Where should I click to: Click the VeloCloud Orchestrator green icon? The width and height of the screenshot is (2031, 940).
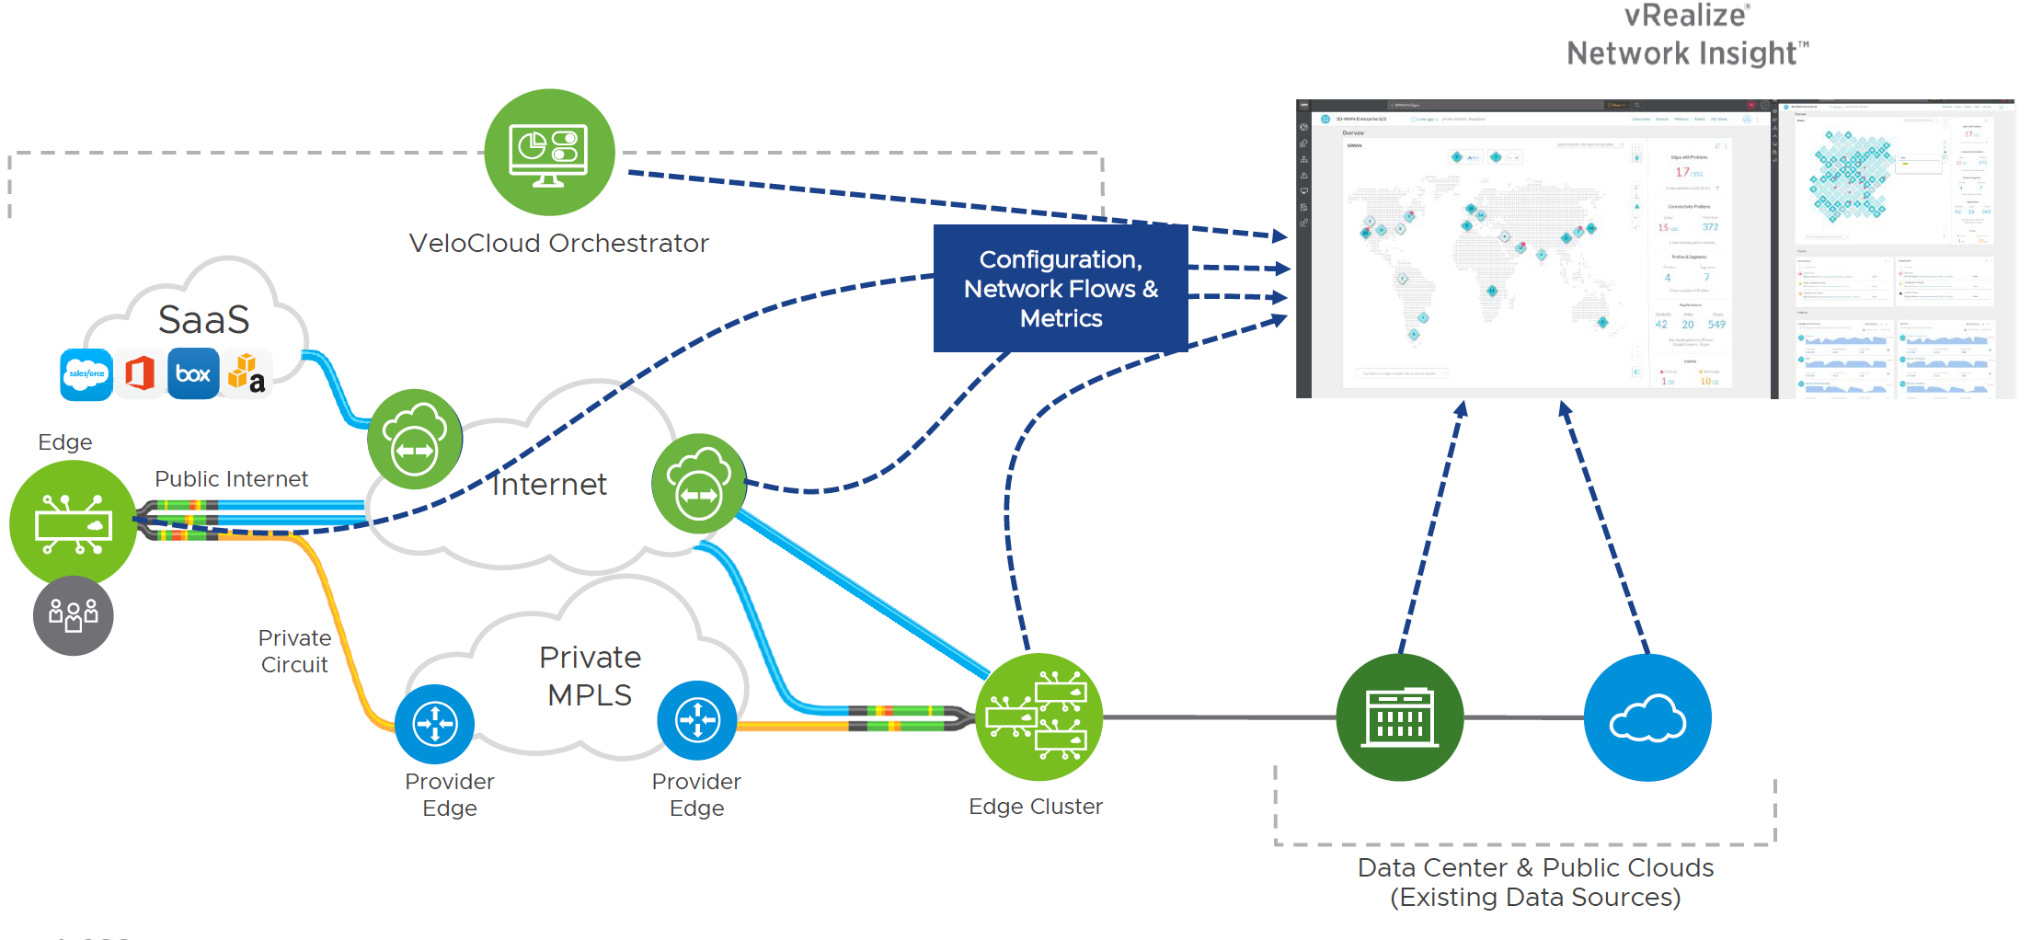[549, 152]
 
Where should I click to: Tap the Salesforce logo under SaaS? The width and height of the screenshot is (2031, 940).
[86, 374]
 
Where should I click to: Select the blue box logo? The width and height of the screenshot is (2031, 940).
[193, 373]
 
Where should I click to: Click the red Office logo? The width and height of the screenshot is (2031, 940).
[140, 374]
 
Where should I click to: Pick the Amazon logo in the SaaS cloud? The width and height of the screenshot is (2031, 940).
[247, 373]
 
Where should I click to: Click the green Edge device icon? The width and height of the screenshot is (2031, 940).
[74, 523]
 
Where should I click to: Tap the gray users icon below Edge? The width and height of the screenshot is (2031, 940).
[74, 615]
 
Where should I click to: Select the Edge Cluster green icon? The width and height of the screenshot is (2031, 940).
[1038, 717]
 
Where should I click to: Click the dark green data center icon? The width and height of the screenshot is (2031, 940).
[1399, 717]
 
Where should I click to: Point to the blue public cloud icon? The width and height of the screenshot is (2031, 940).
[1647, 717]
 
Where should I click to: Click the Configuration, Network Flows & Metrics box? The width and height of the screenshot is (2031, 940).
[1061, 289]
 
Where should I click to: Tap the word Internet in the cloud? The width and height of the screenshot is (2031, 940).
[549, 485]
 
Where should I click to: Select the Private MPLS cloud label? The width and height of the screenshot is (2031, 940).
[590, 676]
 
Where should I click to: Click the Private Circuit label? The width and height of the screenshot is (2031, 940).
[294, 651]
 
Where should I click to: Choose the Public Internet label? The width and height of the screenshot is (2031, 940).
[231, 479]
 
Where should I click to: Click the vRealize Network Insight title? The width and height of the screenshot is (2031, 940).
[1687, 35]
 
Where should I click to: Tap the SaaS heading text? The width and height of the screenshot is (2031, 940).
[203, 320]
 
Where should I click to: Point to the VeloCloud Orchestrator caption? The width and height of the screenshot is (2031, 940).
[558, 244]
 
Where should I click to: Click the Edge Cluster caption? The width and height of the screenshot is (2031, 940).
[1035, 807]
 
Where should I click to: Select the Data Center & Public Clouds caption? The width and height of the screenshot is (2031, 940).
[1535, 882]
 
